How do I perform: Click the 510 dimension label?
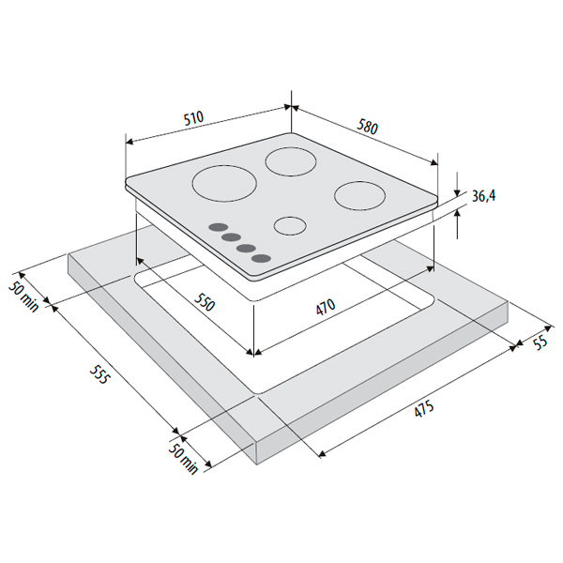point(193,118)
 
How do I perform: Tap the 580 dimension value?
point(367,128)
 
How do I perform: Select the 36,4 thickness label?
point(483,196)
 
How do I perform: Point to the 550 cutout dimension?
point(204,301)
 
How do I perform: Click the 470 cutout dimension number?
point(326,307)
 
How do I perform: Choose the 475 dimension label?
point(424,409)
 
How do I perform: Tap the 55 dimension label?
point(540,342)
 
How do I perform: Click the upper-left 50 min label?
point(23,297)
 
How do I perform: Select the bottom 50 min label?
point(183,459)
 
